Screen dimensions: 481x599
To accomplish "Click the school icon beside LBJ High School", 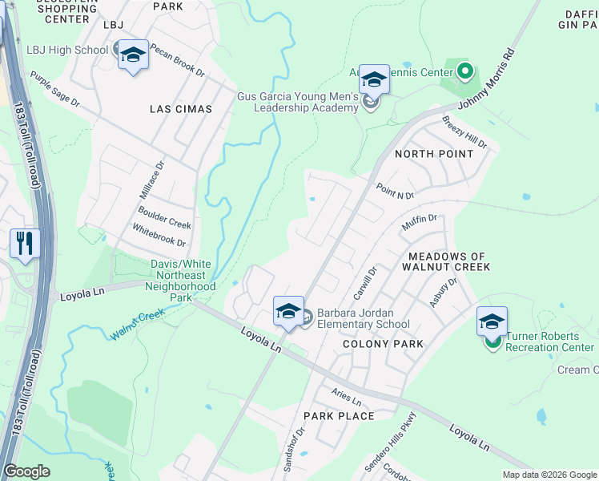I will point(133,55).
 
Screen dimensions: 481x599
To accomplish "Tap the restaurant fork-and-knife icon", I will point(25,243).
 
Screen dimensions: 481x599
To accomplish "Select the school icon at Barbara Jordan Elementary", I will point(288,311).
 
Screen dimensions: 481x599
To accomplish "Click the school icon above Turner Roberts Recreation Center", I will point(492,321).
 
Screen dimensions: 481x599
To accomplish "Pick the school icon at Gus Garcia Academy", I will point(374,80).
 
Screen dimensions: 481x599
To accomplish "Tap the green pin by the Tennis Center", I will point(466,72).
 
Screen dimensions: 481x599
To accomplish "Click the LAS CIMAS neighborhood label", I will point(181,108).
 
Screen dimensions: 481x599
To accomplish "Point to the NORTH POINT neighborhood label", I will point(431,153).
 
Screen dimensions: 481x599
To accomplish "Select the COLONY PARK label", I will point(382,344).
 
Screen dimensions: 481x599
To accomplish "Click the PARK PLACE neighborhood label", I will point(339,416).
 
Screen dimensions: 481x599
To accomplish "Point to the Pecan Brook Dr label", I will point(175,59).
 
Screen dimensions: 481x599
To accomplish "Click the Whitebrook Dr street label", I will point(159,236).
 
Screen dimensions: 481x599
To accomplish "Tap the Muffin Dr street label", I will point(419,223).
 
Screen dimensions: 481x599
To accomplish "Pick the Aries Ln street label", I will point(347,396).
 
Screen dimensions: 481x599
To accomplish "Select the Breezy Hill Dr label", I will point(464,131).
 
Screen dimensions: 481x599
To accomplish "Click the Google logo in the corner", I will point(26,471).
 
